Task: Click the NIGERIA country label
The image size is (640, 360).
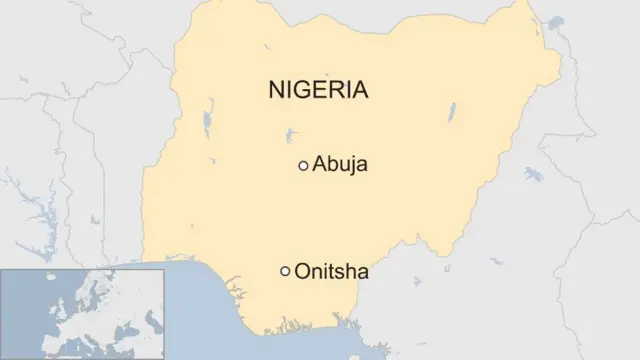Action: coord(319,91)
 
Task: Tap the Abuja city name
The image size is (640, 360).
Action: coord(340,165)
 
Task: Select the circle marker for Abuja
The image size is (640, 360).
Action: coord(303,166)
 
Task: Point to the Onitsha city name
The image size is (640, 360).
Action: coord(331,270)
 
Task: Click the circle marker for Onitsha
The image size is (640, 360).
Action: coord(285,271)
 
